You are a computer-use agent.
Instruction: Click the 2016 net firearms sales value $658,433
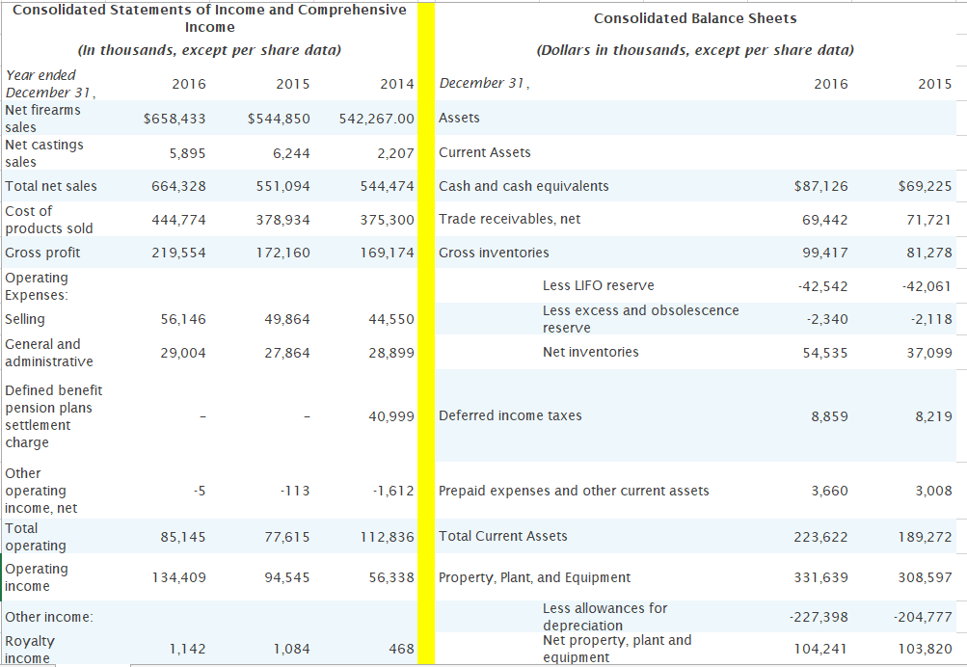[x=175, y=119]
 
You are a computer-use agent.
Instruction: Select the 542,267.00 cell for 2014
[x=377, y=119]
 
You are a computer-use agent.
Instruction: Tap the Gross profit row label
[x=42, y=253]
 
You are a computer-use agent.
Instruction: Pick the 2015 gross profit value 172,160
[x=287, y=253]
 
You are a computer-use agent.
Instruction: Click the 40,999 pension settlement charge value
[x=391, y=416]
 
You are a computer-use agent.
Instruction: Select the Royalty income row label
[x=30, y=649]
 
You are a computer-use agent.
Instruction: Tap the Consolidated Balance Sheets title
[x=694, y=18]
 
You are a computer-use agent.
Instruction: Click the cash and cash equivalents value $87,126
[x=822, y=186]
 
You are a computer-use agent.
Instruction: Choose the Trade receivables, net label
[x=509, y=219]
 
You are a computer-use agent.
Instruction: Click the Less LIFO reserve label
[x=598, y=285]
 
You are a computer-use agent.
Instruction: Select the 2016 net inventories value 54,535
[x=824, y=353]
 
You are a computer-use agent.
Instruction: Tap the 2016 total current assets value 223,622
[x=821, y=537]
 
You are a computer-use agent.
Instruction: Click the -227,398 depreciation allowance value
[x=818, y=616]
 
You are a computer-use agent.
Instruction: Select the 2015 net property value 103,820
[x=924, y=650]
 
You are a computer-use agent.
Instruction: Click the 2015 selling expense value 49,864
[x=287, y=319]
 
